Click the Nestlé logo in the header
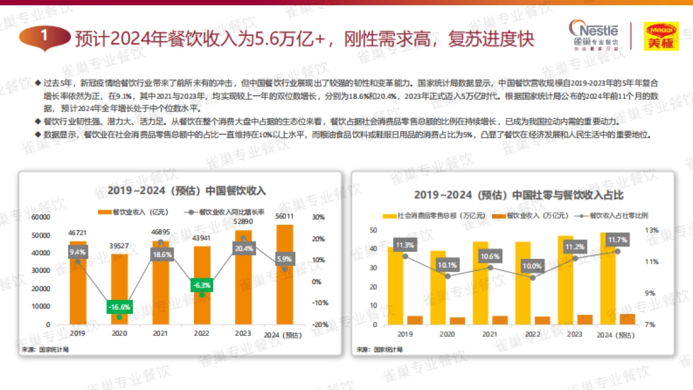coord(593,35)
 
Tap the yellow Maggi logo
coord(661,36)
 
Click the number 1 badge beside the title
coord(44,36)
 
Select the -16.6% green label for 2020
coord(119,306)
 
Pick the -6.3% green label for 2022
coord(202,285)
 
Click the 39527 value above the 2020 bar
coord(119,246)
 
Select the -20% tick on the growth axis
coord(321,324)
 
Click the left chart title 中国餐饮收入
coord(187,191)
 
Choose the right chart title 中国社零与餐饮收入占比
coord(518,195)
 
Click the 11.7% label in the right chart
coord(617,239)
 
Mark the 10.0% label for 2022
coord(532,266)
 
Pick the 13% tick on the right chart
coord(651,230)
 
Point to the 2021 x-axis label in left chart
coord(160,333)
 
